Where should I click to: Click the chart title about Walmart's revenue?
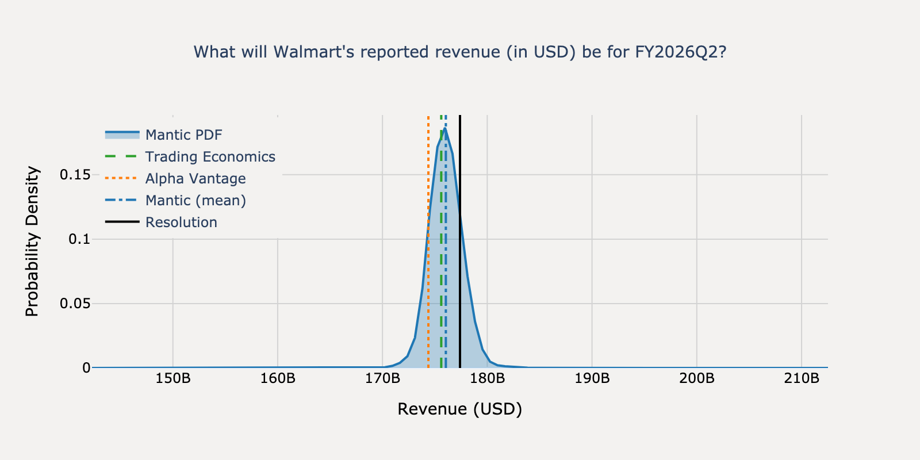click(x=459, y=52)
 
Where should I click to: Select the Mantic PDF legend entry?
click(x=183, y=135)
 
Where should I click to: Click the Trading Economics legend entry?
click(x=210, y=156)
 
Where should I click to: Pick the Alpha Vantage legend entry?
click(x=195, y=178)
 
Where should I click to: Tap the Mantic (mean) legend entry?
click(x=195, y=200)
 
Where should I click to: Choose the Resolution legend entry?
click(x=181, y=222)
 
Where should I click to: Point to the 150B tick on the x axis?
click(x=173, y=379)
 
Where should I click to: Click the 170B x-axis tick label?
click(x=382, y=379)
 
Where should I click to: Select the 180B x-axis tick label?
click(x=487, y=379)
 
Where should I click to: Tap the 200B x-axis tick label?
click(x=697, y=379)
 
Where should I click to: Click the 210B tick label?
click(x=802, y=379)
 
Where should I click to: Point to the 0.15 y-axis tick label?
click(x=75, y=174)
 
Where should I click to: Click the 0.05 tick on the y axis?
click(x=75, y=303)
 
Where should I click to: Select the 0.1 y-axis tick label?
click(x=79, y=239)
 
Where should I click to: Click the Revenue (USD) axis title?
click(x=459, y=409)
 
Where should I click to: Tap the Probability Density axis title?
click(x=32, y=241)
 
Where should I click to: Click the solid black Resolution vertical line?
click(x=460, y=287)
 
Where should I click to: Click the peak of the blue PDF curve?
click(x=445, y=129)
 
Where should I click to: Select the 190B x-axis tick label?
click(x=592, y=379)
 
